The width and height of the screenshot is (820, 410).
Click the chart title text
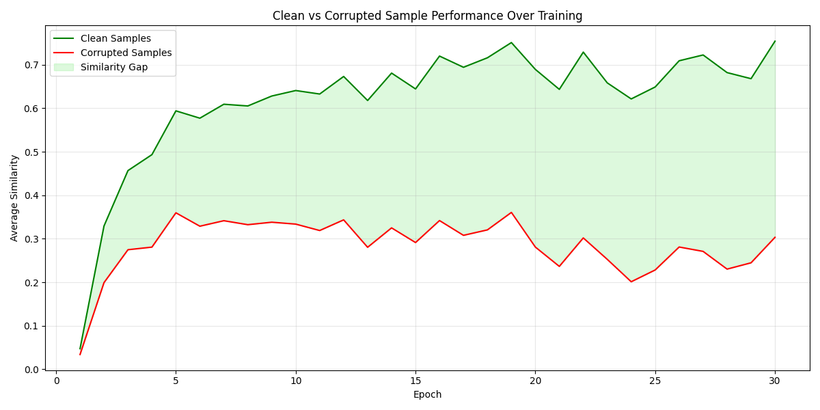(x=427, y=16)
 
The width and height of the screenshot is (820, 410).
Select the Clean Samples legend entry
(x=115, y=39)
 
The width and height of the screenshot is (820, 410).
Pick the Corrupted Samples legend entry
(x=126, y=53)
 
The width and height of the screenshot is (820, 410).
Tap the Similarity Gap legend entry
(x=113, y=68)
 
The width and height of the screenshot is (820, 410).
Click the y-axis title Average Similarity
(x=14, y=197)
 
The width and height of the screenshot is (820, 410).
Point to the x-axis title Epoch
(x=427, y=395)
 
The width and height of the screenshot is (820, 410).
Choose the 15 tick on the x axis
(x=415, y=381)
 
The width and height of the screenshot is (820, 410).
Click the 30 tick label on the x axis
(x=775, y=381)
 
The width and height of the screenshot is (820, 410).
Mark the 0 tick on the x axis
(x=56, y=381)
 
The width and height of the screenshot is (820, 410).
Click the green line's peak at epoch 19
(x=511, y=42)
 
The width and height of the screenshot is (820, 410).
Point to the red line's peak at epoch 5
(x=176, y=213)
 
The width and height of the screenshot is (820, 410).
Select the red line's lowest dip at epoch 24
(x=631, y=282)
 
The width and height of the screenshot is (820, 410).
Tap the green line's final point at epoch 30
(x=775, y=41)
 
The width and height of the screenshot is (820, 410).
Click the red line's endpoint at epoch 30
(x=775, y=237)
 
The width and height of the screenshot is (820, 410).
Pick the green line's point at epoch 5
(x=176, y=111)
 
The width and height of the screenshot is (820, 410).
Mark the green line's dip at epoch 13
(x=368, y=100)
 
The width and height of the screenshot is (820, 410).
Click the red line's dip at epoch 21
(x=559, y=266)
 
